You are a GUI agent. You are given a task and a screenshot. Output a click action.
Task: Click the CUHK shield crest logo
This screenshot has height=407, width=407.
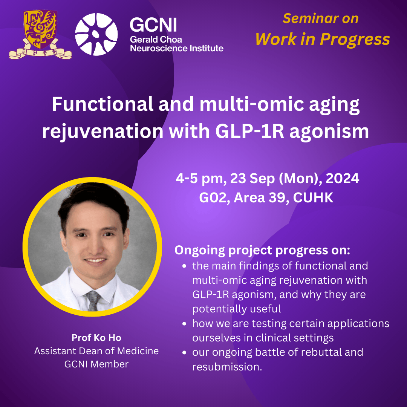pos(40,35)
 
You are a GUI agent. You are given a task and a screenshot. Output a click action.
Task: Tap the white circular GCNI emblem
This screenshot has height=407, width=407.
pos(96,34)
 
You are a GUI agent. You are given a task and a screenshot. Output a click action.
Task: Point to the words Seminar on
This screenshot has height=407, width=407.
pos(321,18)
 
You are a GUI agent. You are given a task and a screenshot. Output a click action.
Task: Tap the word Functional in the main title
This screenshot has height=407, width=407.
pos(103,104)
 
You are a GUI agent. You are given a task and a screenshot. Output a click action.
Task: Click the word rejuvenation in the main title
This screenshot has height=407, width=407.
pos(103,132)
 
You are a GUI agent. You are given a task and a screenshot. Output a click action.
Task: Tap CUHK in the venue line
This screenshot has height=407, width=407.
pos(313,197)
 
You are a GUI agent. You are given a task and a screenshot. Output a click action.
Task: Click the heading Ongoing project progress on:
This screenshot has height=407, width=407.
pos(262,250)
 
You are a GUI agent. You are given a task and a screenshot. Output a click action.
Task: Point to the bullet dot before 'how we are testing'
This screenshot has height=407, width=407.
pos(184,324)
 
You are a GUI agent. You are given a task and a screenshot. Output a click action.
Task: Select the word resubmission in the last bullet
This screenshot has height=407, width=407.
pos(227,367)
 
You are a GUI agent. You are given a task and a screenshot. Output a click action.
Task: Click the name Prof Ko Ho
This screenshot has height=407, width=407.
pos(96,338)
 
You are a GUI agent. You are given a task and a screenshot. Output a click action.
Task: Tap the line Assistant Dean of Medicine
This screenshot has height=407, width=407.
pos(96,351)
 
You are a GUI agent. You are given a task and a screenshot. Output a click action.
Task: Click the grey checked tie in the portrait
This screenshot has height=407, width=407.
pos(93,301)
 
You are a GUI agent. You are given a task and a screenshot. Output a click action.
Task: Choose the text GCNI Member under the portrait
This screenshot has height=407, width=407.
pos(96,364)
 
